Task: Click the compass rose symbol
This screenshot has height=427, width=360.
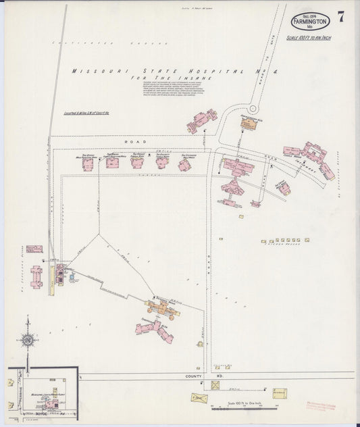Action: [28, 341]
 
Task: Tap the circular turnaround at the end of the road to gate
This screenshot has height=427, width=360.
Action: [253, 108]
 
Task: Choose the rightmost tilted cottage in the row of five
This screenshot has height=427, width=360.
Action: [184, 164]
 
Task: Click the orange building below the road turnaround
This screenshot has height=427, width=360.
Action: [248, 124]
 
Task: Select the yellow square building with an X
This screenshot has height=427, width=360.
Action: [216, 385]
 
